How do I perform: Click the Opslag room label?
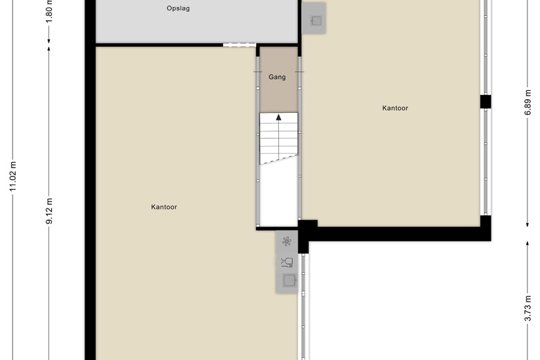(x=179, y=9)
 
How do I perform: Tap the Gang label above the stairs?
(x=277, y=77)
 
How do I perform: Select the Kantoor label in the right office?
(x=395, y=108)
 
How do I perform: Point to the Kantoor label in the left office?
(x=164, y=207)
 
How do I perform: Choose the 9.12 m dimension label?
(x=49, y=211)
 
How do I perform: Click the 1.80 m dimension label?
(x=49, y=12)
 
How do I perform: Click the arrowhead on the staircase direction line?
(x=279, y=117)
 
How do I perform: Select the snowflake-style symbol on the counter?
(x=287, y=242)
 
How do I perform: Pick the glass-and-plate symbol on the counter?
(x=287, y=262)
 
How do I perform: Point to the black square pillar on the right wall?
(x=485, y=102)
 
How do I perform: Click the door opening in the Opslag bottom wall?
(x=240, y=45)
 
